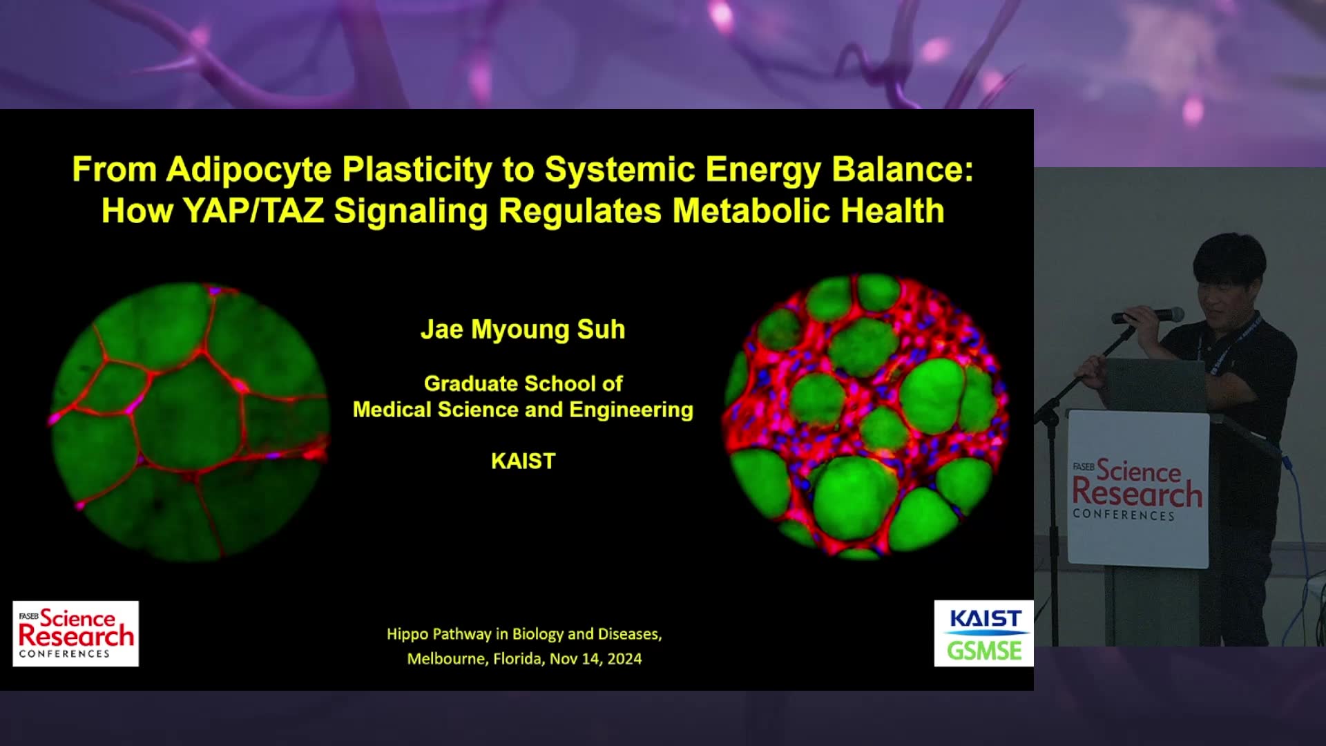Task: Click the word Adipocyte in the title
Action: point(249,170)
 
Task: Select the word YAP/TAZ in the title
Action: point(253,211)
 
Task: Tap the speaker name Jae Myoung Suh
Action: point(523,329)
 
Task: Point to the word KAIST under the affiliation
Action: point(523,461)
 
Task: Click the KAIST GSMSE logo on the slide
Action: point(983,633)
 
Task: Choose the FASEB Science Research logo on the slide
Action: point(76,633)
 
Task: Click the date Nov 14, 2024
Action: point(595,659)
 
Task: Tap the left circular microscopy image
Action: point(189,421)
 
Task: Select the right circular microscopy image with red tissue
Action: point(865,416)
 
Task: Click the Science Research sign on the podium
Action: point(1138,489)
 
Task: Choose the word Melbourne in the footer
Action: point(448,659)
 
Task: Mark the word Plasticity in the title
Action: point(417,170)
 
